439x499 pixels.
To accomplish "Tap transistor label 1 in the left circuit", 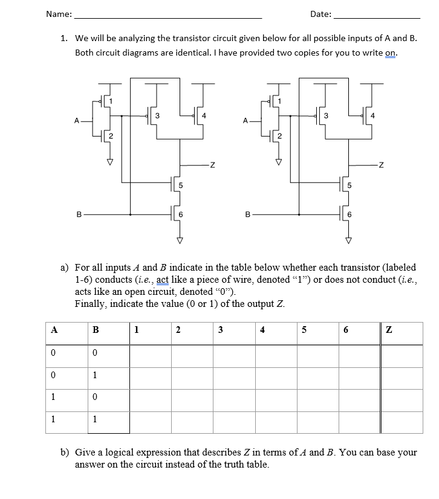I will (x=111, y=100).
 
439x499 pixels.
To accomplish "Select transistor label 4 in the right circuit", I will (x=373, y=115).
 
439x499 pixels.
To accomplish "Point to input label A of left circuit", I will (x=76, y=120).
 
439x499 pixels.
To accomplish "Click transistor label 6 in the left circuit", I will (x=180, y=214).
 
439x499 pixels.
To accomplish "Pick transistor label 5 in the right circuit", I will (x=349, y=185).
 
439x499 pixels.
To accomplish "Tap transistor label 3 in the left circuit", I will (x=157, y=115).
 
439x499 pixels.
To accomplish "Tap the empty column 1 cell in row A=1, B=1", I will (x=150, y=420).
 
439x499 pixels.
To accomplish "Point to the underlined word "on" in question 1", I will (x=390, y=53).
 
